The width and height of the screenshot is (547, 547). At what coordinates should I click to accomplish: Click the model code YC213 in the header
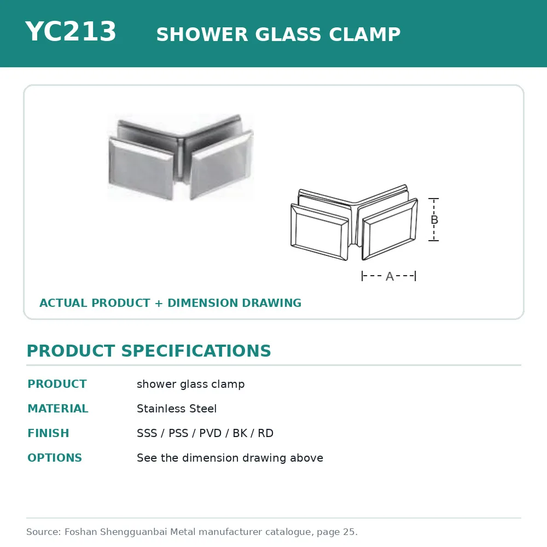coord(71,31)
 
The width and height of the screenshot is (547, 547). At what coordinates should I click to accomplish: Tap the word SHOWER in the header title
coord(202,34)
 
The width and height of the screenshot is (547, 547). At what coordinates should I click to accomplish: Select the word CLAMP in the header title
coord(364,34)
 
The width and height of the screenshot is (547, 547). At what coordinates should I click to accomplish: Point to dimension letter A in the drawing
coord(389,276)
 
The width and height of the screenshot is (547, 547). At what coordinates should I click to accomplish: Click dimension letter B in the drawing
coord(434,220)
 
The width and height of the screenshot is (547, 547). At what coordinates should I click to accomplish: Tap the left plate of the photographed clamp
coord(141,168)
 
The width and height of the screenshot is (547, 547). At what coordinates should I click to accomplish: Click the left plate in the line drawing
coord(319,232)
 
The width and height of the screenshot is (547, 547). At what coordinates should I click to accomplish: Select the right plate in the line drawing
coord(389,229)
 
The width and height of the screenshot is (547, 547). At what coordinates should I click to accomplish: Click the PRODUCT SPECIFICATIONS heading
coord(149,351)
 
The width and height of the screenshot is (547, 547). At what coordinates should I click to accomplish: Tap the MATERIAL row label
coord(58,409)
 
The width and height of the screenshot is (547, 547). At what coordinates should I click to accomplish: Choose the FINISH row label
coord(49,433)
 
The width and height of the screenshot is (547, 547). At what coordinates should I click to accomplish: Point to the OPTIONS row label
coord(55,458)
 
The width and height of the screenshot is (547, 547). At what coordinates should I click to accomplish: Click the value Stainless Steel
coord(177,409)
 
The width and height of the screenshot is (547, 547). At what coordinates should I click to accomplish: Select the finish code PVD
coord(211,433)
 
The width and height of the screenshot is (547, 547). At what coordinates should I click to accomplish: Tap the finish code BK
coord(240,433)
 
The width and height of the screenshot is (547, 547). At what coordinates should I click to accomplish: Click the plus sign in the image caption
coord(159,303)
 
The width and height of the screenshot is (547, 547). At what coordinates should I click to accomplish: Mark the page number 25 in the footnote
coord(349,532)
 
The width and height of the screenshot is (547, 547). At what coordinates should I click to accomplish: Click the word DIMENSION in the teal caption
coord(202,303)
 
